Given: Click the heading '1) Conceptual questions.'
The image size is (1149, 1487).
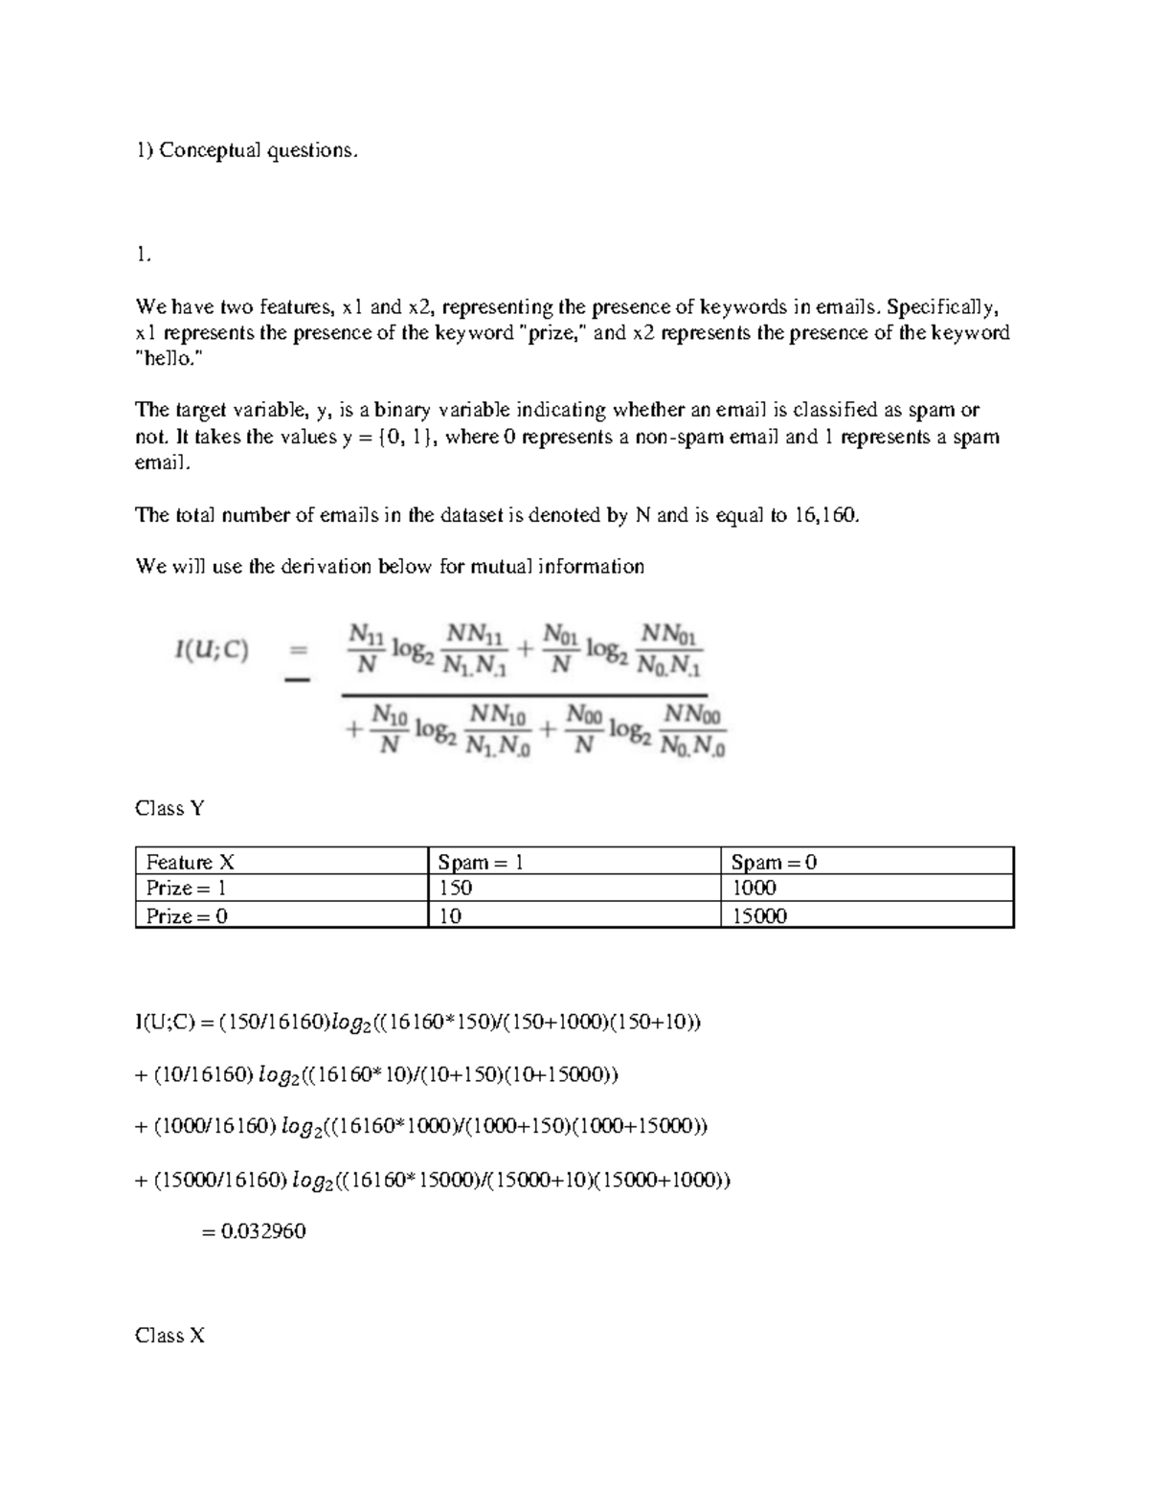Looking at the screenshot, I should point(247,150).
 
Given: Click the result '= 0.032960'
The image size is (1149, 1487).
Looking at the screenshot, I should point(254,1231).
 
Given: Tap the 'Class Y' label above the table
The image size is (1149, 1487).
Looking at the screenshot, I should point(169,808).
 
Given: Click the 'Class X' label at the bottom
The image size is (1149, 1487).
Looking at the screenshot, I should point(169,1335).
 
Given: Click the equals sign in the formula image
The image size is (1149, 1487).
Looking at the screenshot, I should point(298,651).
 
